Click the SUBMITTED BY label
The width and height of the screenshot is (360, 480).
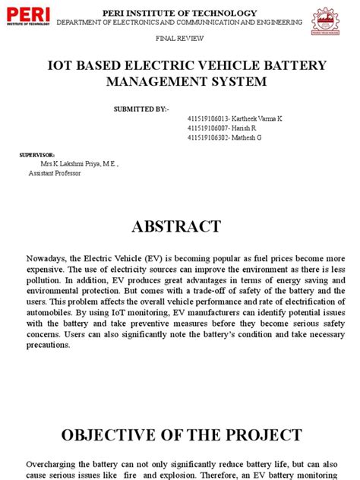pos(141,109)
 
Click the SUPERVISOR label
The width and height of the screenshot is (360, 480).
pos(35,154)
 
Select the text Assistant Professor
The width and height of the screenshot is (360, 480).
pos(55,172)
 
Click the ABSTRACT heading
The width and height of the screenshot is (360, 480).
pos(180,226)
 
